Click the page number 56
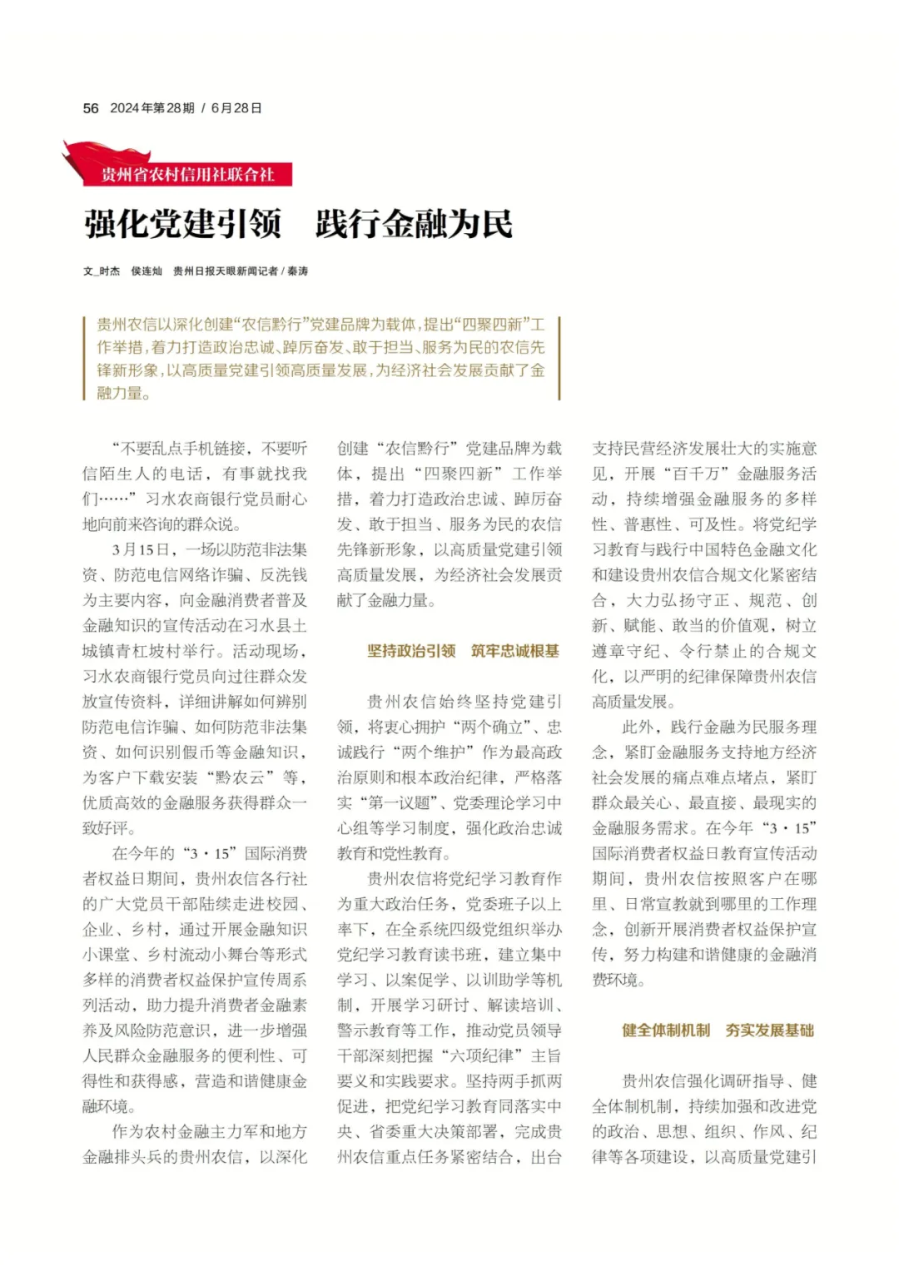[91, 108]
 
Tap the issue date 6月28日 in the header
[236, 108]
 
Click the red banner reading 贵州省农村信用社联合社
[187, 175]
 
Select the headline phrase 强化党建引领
[182, 224]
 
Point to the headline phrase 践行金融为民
[414, 224]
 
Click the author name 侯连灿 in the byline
[147, 271]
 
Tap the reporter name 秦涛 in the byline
[298, 271]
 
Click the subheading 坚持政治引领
[411, 651]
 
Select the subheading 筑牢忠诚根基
[515, 651]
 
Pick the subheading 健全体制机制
[666, 1030]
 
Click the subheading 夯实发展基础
[770, 1030]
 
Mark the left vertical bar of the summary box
[85, 358]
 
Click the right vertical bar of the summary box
[559, 358]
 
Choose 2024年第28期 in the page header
[152, 108]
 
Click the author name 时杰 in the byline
[110, 271]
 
